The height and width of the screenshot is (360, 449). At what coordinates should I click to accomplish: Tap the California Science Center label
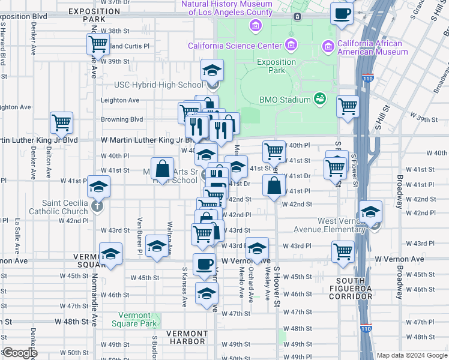235,46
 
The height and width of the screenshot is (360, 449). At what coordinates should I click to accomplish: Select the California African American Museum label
372,47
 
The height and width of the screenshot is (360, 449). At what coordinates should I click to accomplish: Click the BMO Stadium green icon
320,99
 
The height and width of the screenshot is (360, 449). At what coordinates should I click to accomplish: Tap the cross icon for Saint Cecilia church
98,207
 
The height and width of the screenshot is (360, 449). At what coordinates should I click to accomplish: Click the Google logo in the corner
20,353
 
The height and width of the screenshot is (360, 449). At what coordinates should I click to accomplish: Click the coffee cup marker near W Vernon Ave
204,265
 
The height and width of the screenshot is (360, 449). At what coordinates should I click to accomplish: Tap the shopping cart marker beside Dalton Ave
62,123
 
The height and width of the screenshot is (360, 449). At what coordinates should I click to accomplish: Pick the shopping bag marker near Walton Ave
162,169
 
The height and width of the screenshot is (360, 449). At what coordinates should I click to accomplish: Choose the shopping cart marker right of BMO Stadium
348,107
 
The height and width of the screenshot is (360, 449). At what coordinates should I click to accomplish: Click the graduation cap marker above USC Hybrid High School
212,71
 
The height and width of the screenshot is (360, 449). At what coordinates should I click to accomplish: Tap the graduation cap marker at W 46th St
206,293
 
